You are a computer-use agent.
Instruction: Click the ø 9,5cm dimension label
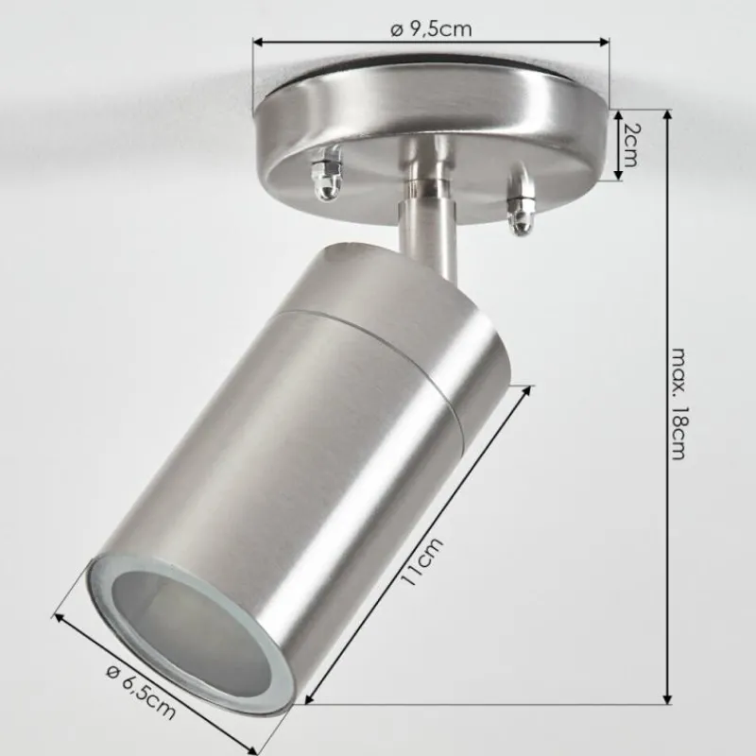click(431, 28)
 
